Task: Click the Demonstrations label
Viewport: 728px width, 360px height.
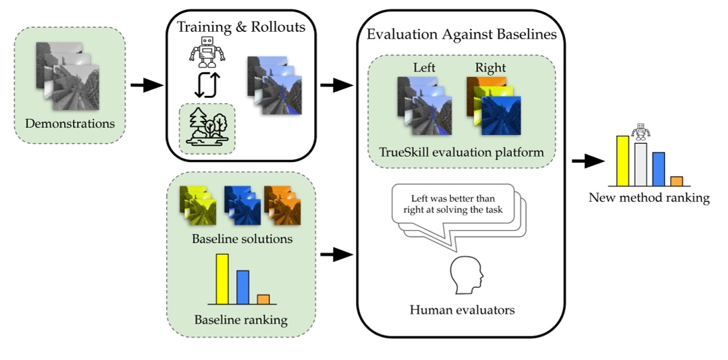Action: [x=70, y=124]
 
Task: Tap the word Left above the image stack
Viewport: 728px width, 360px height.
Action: [x=425, y=68]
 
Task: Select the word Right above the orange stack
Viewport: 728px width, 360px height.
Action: [x=490, y=68]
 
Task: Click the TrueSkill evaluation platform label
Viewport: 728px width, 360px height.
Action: [x=462, y=153]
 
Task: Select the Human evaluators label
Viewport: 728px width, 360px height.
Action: [x=462, y=310]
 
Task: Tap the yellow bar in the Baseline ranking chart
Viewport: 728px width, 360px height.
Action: [x=222, y=278]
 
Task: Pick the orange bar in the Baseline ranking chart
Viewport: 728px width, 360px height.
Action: [x=263, y=299]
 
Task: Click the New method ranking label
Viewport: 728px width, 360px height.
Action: [x=649, y=198]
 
